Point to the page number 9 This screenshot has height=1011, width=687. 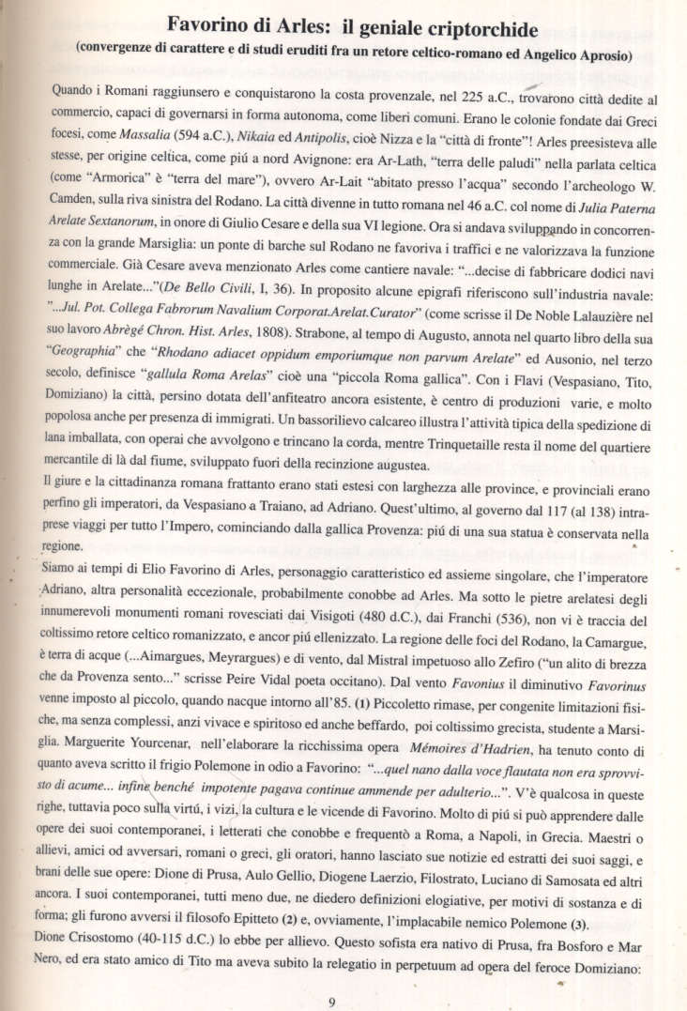[x=332, y=1001]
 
